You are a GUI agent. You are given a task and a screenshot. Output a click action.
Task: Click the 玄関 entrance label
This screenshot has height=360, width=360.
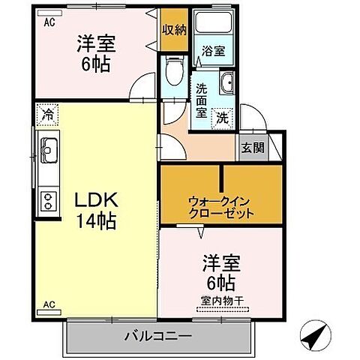coord(252,148)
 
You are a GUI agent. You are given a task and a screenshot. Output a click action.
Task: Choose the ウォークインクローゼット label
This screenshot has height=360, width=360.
coord(220,206)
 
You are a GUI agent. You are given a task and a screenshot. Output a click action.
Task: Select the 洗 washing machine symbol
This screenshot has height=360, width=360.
coord(223,117)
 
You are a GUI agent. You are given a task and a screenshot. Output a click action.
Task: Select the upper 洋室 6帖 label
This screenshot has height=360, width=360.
coord(93,53)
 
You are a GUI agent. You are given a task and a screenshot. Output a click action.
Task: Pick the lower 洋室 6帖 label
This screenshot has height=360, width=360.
coord(219,274)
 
